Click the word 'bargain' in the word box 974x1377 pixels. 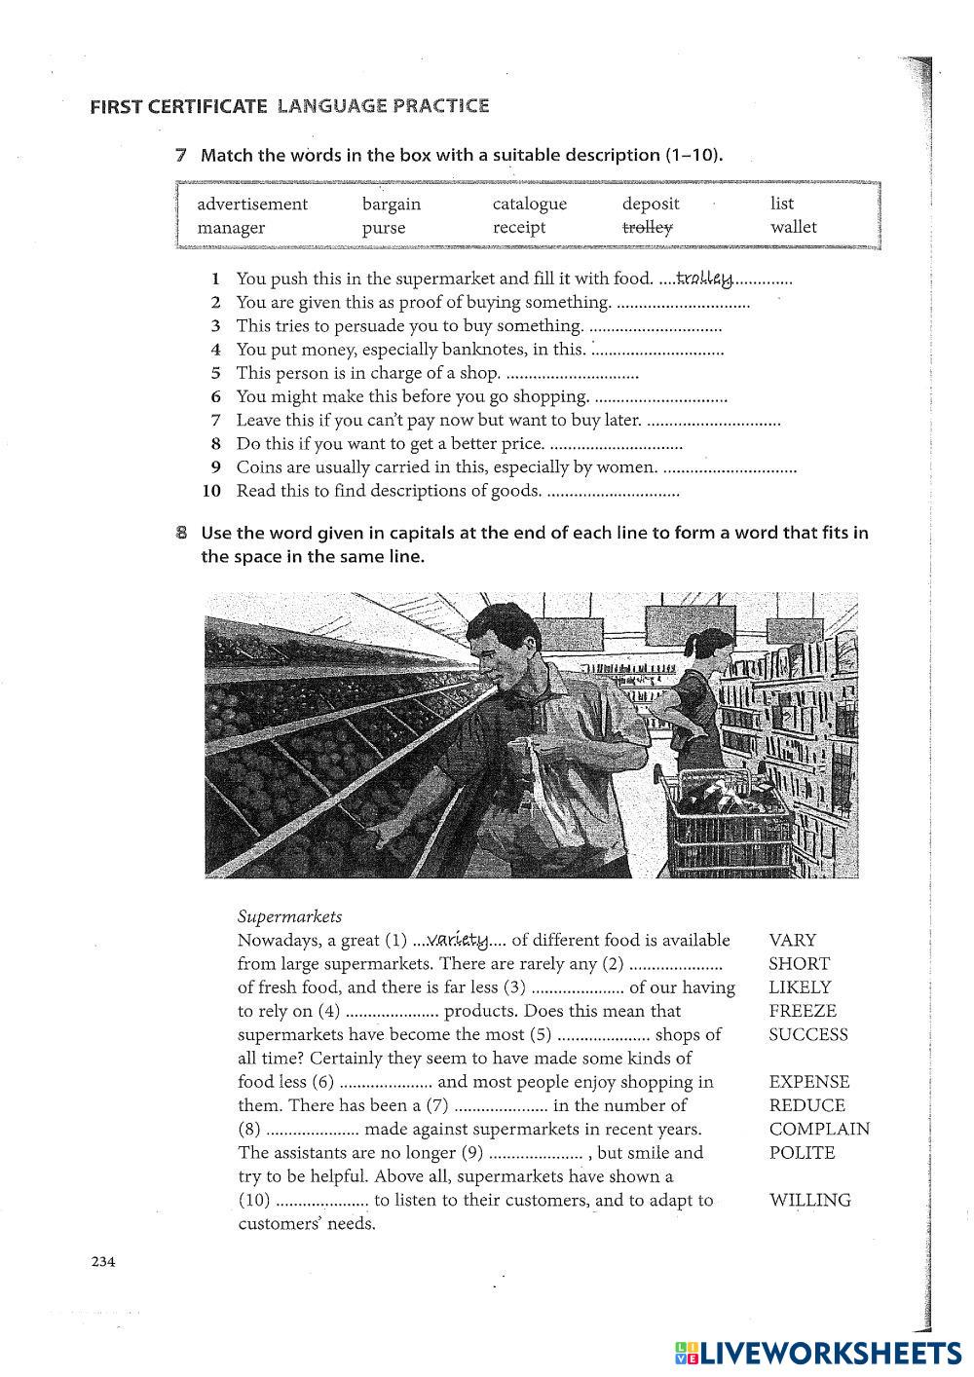392,204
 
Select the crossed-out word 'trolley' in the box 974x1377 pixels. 648,228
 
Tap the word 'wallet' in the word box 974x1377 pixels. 794,228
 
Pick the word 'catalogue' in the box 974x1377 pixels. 529,204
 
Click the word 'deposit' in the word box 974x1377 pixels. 651,204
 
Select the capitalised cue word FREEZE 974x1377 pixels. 803,1011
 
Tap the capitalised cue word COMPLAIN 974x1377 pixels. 819,1129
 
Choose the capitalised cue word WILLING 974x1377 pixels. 809,1200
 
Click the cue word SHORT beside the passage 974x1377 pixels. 799,964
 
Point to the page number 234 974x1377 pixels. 103,1262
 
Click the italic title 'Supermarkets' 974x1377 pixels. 290,916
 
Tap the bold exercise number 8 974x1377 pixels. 181,533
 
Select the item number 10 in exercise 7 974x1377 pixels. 211,491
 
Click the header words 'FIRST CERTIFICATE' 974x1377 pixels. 177,107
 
